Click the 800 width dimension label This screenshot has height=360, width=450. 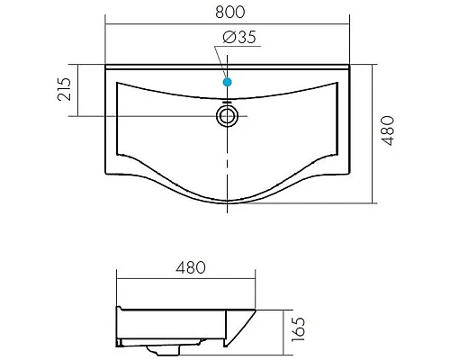230,12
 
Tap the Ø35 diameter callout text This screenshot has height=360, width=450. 239,38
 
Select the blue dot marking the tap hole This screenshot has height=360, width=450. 228,82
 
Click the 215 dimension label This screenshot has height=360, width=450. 64,89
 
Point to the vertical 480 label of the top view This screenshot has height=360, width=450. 387,130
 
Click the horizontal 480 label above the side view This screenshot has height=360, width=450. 191,267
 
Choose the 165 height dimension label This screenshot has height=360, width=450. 298,329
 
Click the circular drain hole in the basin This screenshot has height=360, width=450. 227,116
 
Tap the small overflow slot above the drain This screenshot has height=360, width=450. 227,103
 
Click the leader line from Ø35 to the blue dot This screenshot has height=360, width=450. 221,62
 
